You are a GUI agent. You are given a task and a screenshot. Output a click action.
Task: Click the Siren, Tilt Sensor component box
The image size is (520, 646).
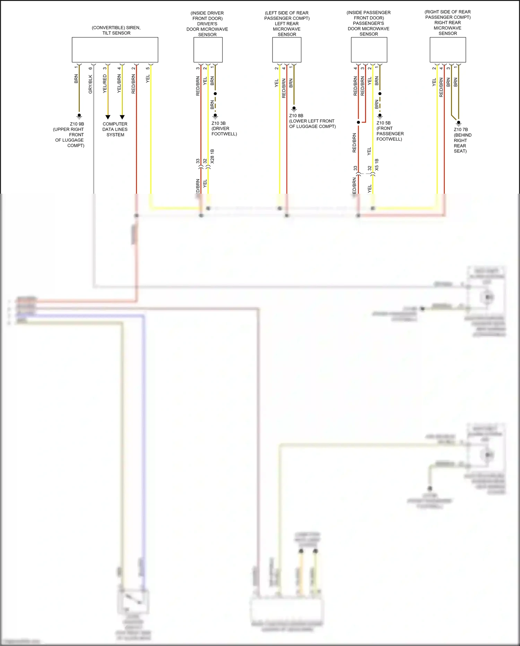coord(115,50)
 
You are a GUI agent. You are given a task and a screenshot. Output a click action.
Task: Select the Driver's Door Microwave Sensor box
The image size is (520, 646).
coord(208,50)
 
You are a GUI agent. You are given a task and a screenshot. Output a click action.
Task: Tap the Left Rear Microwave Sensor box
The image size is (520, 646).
coord(287,50)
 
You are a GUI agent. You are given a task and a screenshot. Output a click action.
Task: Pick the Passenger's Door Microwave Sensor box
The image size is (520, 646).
coord(369,50)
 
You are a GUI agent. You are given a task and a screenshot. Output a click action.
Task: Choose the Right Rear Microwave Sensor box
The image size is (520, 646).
coord(448,50)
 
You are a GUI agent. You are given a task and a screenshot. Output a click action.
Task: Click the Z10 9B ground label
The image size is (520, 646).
coord(77,124)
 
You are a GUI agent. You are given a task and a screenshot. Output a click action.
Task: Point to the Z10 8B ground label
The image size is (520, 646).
coord(296,116)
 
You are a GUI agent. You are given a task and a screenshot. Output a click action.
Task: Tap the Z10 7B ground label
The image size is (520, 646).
coord(461,129)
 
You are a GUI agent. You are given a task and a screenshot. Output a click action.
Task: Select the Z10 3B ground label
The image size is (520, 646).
coord(218,123)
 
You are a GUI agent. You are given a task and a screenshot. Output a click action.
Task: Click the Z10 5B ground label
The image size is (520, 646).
coord(383,123)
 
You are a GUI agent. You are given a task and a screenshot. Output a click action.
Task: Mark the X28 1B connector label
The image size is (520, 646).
coord(212,156)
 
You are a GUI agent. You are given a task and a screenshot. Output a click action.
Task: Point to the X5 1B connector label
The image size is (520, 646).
coord(377,165)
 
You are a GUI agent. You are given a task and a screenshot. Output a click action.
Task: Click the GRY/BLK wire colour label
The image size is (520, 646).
coord(90,84)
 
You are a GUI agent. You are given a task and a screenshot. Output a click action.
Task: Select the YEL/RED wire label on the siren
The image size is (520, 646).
coord(105,84)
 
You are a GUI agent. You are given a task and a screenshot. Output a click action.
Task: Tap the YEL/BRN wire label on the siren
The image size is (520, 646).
coord(119,84)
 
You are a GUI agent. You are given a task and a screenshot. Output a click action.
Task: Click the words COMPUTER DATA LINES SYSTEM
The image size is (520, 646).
coord(115,129)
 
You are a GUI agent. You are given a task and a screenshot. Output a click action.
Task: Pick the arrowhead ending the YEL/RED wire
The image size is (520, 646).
coord(108,117)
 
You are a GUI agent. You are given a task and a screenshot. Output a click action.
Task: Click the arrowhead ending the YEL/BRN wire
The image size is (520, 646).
coord(122,117)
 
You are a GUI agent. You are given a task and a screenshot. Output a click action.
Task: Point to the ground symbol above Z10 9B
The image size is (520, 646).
coord(79,116)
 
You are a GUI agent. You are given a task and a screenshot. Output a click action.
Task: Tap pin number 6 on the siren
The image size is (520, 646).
coord(90,68)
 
